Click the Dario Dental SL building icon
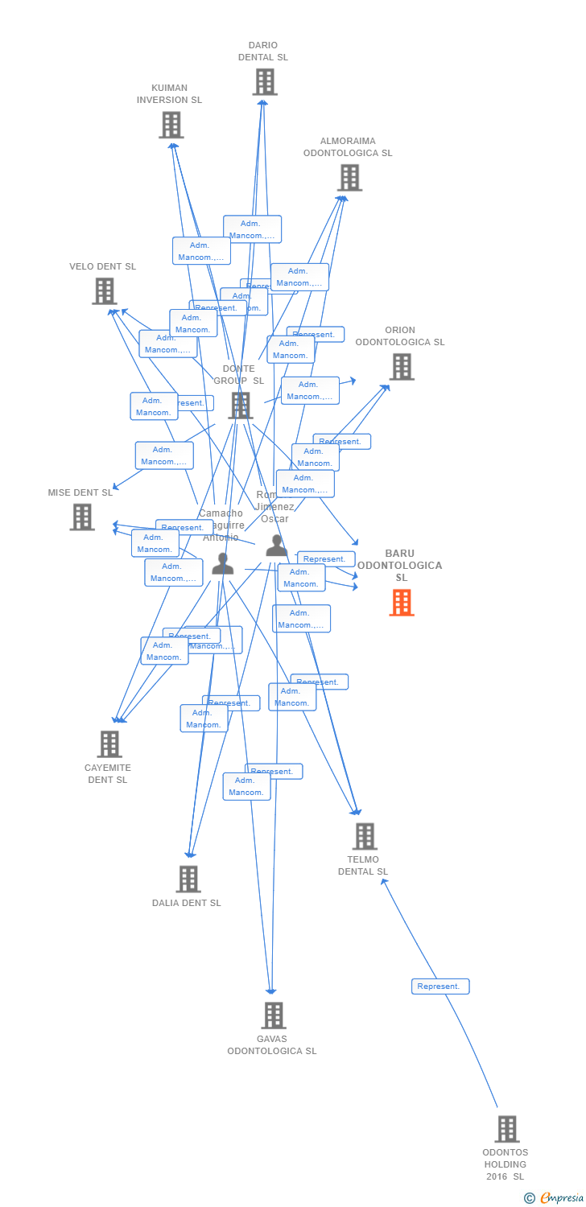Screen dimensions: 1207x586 point(265,82)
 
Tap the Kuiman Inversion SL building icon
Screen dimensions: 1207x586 point(171,125)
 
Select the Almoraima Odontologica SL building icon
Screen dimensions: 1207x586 point(349,178)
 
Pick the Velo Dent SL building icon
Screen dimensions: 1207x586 point(105,291)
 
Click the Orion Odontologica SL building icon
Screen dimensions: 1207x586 point(401,367)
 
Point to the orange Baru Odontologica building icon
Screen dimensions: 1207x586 point(401,603)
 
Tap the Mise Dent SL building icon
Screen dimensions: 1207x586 point(82,517)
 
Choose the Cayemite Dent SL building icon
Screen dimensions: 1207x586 point(109,744)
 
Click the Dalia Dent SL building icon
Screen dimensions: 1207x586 point(188,880)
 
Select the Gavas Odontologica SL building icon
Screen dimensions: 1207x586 point(274,1015)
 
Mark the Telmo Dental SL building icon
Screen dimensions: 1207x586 point(365,837)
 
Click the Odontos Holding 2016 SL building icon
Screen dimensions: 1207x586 point(506,1129)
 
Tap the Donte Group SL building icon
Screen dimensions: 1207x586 point(240,406)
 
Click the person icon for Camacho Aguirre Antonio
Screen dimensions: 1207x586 point(223,564)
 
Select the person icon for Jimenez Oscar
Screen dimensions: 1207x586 point(276,546)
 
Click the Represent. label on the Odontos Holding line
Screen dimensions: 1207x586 point(440,987)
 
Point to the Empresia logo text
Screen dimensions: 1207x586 point(561,1198)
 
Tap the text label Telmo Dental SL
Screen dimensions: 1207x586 point(363,866)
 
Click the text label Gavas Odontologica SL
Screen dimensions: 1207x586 point(272,1045)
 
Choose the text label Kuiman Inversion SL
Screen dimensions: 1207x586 point(169,94)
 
